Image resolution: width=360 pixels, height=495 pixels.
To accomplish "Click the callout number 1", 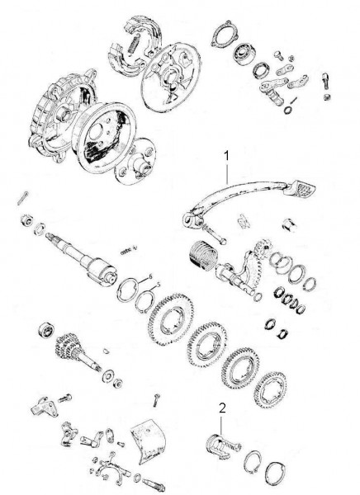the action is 226,156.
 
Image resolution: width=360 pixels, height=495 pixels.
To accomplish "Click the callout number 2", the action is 222,408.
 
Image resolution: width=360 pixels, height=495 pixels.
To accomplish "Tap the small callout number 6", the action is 150,276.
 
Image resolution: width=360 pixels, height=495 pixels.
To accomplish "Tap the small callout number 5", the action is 158,285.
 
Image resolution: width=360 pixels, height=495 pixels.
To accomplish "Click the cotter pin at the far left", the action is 23,198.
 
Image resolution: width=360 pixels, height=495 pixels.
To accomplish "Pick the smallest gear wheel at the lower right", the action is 271,389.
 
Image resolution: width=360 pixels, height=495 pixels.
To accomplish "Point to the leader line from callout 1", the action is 226,173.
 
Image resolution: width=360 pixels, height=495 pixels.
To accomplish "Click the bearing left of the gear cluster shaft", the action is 46,330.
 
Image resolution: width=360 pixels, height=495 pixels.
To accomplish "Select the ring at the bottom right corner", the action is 275,475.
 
